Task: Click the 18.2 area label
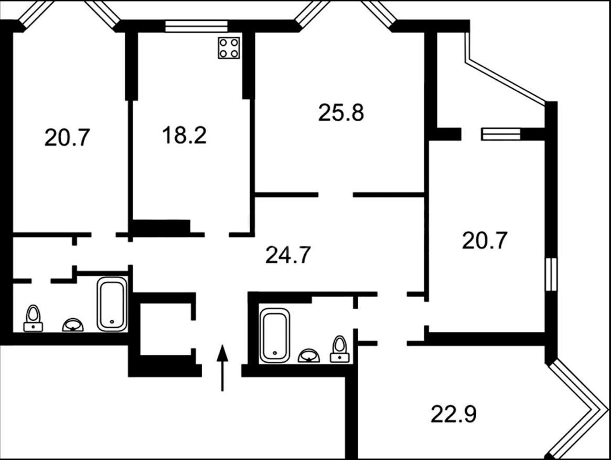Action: [x=184, y=135]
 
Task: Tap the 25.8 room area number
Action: [x=341, y=112]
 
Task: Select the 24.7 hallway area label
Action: [x=288, y=255]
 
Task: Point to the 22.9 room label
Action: [x=454, y=414]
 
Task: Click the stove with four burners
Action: [x=229, y=48]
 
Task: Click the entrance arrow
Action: [x=222, y=368]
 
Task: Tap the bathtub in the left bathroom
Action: [x=112, y=304]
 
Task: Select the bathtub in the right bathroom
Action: [x=275, y=335]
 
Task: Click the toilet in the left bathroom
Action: [x=33, y=318]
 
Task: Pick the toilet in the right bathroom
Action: [x=340, y=349]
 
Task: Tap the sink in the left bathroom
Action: [x=73, y=325]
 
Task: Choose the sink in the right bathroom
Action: [x=308, y=356]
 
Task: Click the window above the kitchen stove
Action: [x=196, y=27]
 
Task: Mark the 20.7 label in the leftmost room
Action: [x=67, y=138]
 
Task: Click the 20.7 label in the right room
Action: [x=485, y=241]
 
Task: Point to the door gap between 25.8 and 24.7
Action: [x=336, y=194]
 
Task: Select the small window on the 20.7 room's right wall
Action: [x=551, y=274]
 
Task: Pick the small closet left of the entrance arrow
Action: [x=165, y=329]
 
